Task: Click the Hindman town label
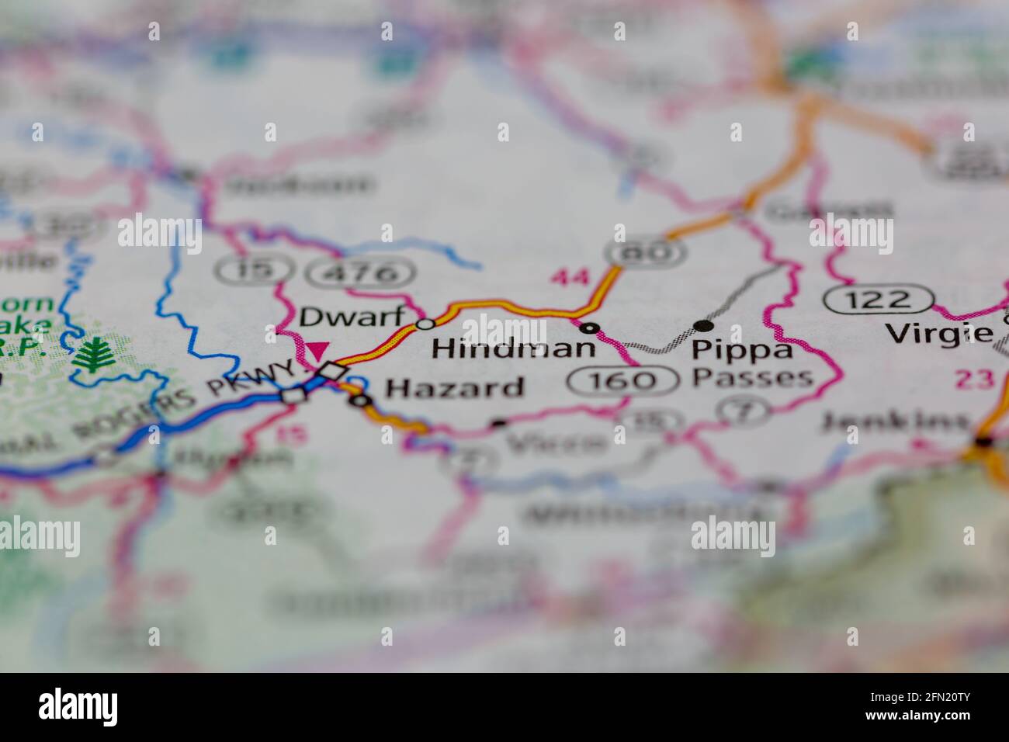[x=513, y=348]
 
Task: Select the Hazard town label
[x=455, y=387]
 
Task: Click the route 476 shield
[x=361, y=272]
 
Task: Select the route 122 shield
[x=878, y=299]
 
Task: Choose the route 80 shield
[x=647, y=251]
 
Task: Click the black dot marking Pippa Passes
[x=702, y=326]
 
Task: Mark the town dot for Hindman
[x=591, y=328]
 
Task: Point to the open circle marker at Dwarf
[x=425, y=324]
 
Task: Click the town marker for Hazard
[x=360, y=401]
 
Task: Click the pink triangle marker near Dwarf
[x=317, y=351]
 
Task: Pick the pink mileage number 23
[x=974, y=379]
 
